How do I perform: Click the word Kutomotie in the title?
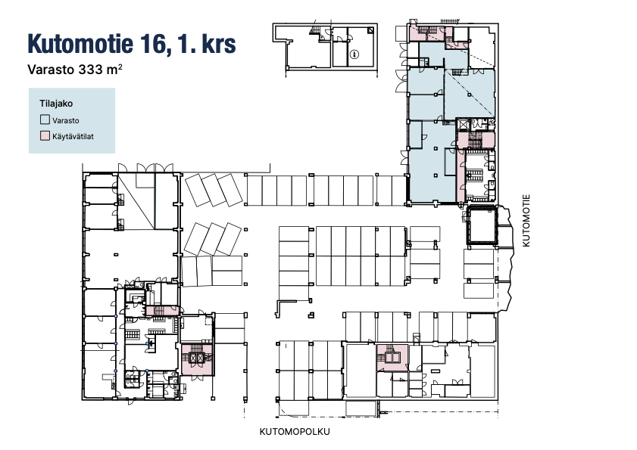(80, 43)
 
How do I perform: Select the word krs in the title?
(219, 43)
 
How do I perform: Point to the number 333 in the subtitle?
(91, 70)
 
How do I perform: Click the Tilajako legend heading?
(56, 104)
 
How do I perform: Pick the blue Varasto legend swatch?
(45, 119)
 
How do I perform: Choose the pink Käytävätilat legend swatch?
(45, 136)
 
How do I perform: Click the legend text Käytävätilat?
(73, 136)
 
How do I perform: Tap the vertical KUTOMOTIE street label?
(526, 221)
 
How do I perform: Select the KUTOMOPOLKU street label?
(295, 432)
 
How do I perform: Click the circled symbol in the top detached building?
(355, 54)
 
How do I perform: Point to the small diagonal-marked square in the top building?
(370, 30)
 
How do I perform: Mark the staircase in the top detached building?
(314, 31)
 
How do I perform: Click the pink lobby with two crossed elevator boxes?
(197, 359)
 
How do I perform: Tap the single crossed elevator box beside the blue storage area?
(462, 124)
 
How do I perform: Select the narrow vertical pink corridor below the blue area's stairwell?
(461, 175)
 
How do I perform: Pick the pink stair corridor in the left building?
(162, 311)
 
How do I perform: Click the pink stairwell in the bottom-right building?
(392, 358)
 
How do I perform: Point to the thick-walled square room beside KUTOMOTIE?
(482, 225)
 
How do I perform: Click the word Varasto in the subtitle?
(52, 70)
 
